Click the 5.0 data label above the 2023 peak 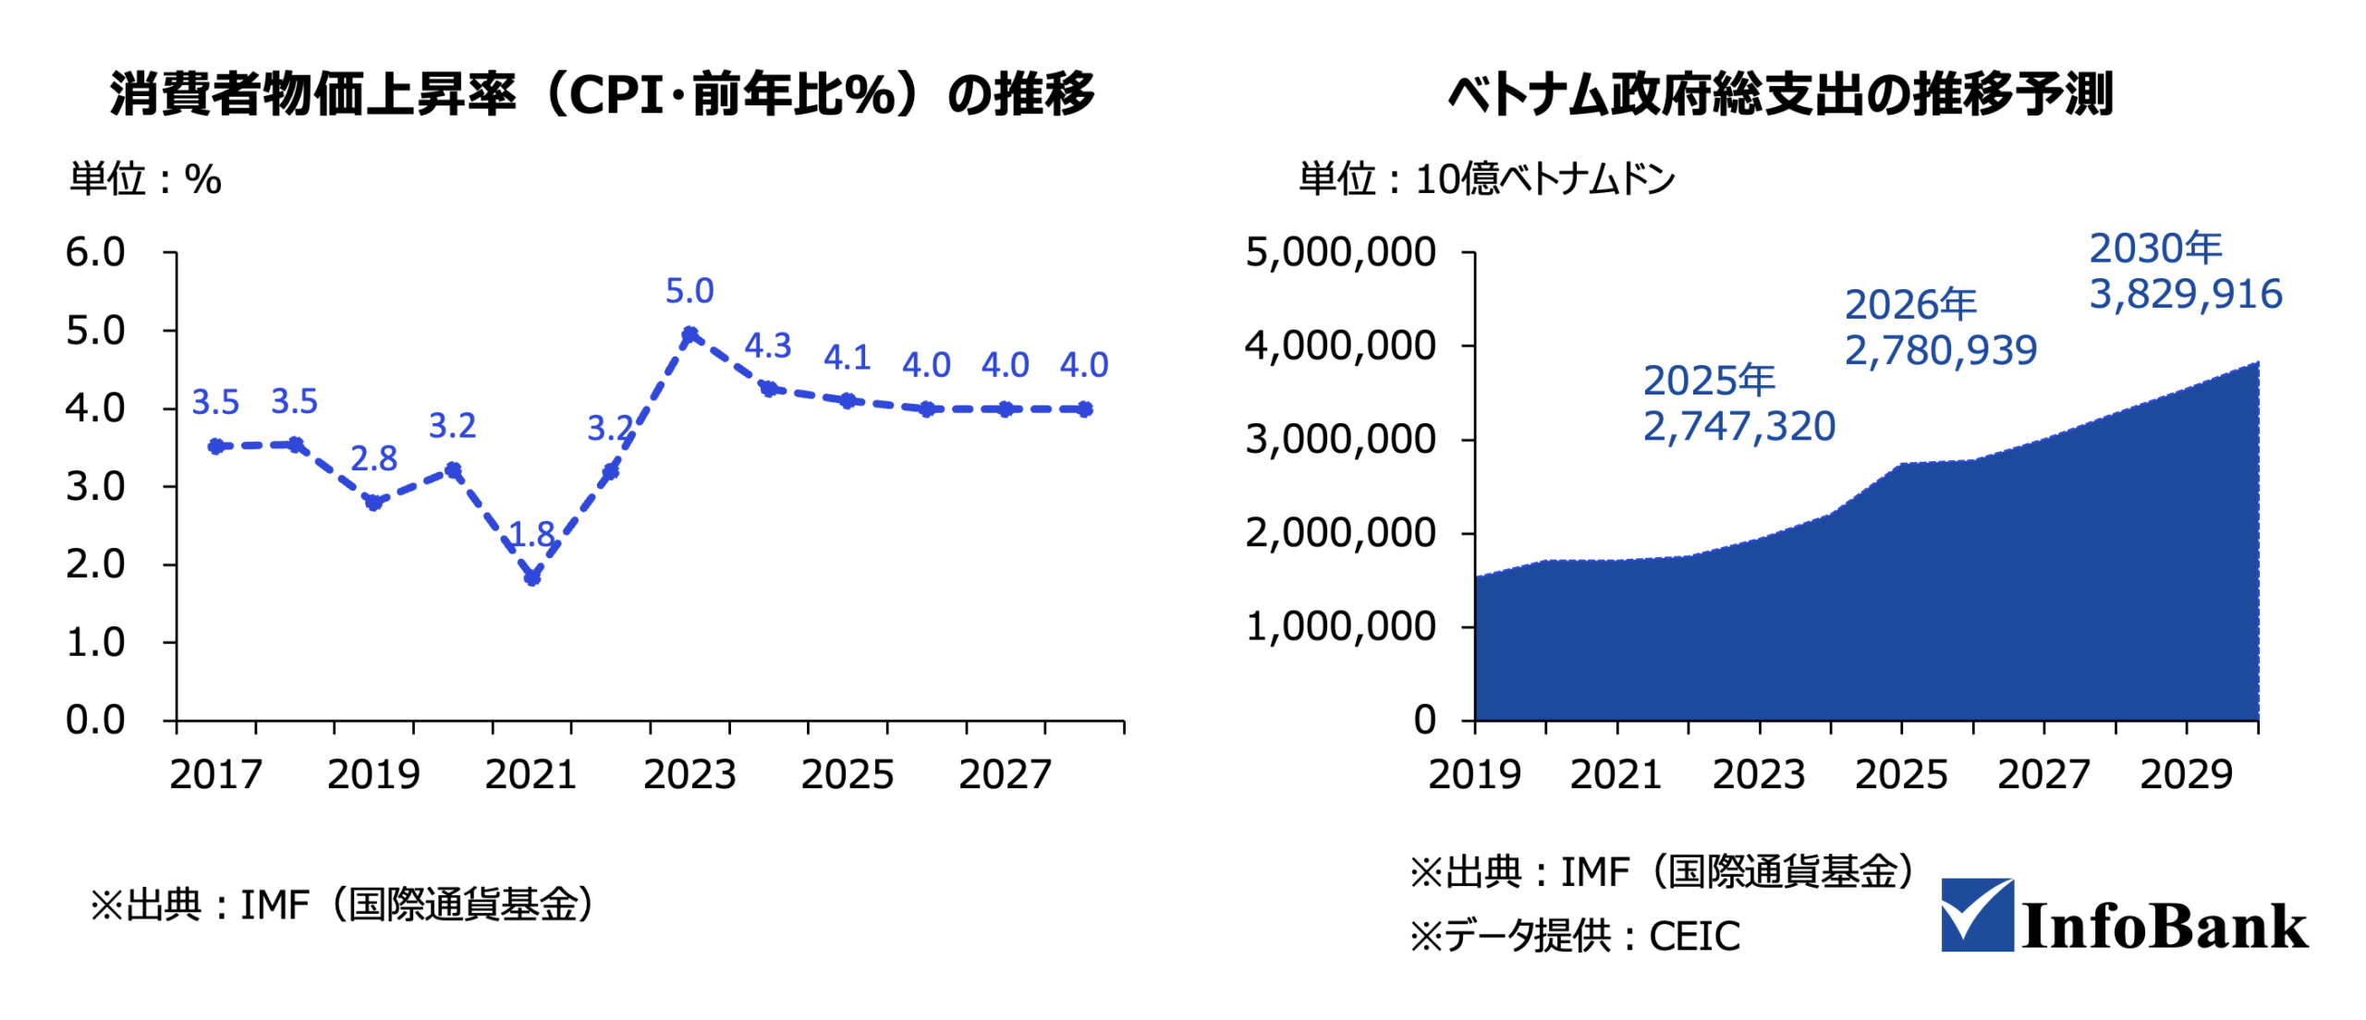click(x=689, y=291)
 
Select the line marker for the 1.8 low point click(x=531, y=577)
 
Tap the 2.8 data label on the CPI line click(x=373, y=458)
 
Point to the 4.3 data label click(x=768, y=346)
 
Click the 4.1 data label click(x=847, y=358)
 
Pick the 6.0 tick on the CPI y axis click(x=95, y=252)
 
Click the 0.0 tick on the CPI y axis click(x=95, y=720)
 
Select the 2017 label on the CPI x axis click(x=215, y=774)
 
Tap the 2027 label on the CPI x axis click(x=1005, y=774)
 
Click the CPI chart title click(x=602, y=94)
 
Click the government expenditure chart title click(x=1780, y=94)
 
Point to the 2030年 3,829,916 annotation click(x=2185, y=272)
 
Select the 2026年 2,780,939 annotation click(x=1940, y=328)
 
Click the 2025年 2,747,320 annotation click(x=1738, y=404)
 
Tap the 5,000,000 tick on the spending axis click(x=1340, y=252)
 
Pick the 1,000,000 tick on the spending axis click(x=1340, y=626)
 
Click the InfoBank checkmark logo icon click(x=1976, y=915)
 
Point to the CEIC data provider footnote click(x=1574, y=937)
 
